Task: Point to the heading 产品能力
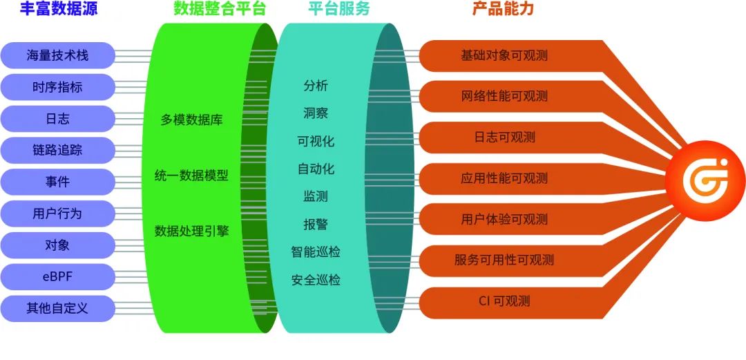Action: pyautogui.click(x=503, y=9)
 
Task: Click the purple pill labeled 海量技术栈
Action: pyautogui.click(x=58, y=56)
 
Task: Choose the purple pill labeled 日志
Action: pyautogui.click(x=58, y=119)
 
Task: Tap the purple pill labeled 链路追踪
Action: pyautogui.click(x=58, y=150)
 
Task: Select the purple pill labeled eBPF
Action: pyautogui.click(x=58, y=276)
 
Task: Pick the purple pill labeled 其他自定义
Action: pyautogui.click(x=58, y=308)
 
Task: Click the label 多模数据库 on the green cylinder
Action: pyautogui.click(x=191, y=120)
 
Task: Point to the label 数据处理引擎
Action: pyautogui.click(x=191, y=231)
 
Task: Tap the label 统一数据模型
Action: pyautogui.click(x=191, y=176)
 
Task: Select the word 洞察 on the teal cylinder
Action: pyautogui.click(x=316, y=113)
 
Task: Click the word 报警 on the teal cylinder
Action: pyautogui.click(x=316, y=225)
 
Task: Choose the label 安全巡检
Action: pyautogui.click(x=316, y=281)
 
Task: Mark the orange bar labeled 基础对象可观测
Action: pyautogui.click(x=504, y=56)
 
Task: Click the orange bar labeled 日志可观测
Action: pyautogui.click(x=504, y=138)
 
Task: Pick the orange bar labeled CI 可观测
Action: pyautogui.click(x=504, y=301)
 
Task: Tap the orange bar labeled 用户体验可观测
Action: pyautogui.click(x=504, y=220)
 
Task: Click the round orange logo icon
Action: pyautogui.click(x=705, y=180)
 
